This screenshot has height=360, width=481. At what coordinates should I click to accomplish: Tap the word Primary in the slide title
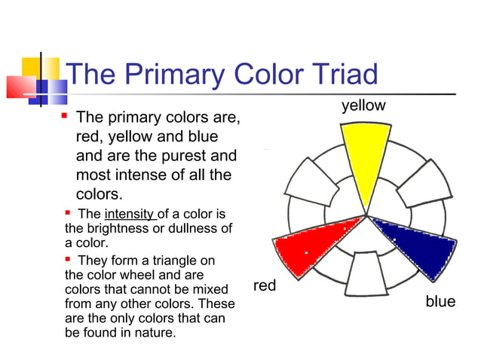point(176,75)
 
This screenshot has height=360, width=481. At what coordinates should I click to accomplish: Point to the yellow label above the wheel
point(363,106)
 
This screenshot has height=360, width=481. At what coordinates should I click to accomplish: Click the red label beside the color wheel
point(265,285)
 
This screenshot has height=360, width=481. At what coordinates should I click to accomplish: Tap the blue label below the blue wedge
point(440,301)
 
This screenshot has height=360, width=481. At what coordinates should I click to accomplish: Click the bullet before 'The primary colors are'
point(65,117)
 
